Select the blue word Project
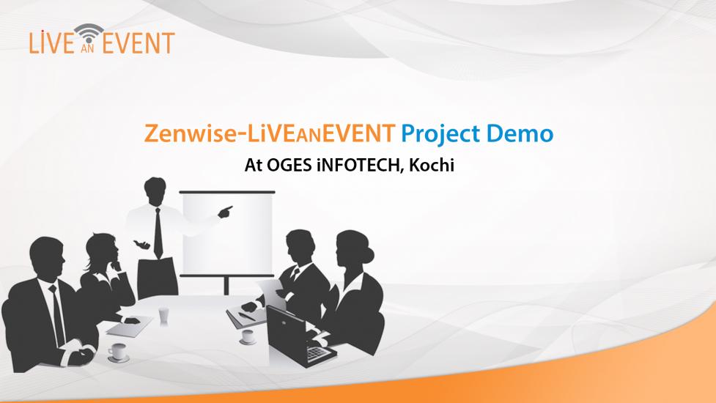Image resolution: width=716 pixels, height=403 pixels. (440, 135)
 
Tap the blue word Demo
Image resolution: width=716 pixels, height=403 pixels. (520, 133)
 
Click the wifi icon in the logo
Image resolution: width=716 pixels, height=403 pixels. (89, 33)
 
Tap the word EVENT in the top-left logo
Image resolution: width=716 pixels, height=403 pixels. (139, 42)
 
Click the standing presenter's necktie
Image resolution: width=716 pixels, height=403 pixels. (158, 233)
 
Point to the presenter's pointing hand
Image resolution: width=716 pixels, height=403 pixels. (225, 211)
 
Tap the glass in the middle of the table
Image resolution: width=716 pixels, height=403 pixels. (163, 317)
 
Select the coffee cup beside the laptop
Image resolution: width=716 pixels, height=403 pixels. (248, 337)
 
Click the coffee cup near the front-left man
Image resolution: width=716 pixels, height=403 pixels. (118, 352)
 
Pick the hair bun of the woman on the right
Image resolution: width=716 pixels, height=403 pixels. (368, 253)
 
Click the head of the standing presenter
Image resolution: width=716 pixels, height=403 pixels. (155, 191)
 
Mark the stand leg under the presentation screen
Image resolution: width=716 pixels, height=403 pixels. (226, 286)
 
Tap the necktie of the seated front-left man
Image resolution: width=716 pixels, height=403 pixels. (58, 314)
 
